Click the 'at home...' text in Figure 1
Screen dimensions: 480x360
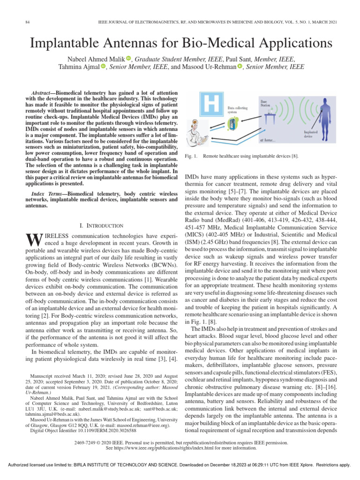[x=268, y=140]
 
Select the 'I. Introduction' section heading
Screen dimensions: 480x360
[x=102, y=225]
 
